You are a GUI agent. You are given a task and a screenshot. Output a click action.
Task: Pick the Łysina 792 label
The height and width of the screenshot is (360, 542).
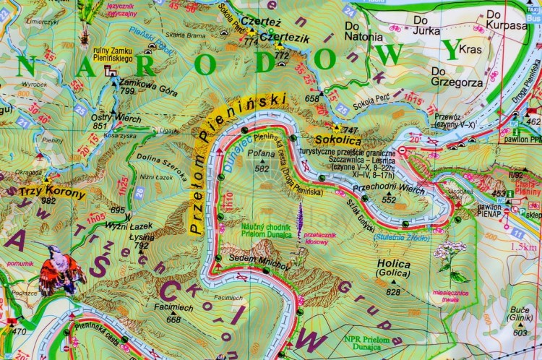coord(143,241)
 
